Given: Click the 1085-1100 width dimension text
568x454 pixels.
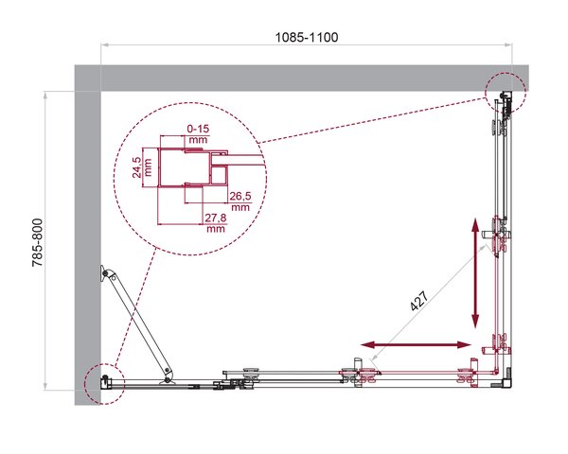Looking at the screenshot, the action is tap(307, 37).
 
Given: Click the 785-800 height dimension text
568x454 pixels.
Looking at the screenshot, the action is tap(38, 243).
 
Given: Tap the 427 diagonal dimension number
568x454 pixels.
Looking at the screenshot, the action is tap(419, 301).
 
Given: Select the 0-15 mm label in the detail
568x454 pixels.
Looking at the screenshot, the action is tap(198, 133).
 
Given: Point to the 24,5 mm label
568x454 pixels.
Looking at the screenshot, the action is tap(142, 166).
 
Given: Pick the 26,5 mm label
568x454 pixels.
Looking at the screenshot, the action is tap(240, 201).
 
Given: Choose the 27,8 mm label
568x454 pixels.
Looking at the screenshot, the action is tap(216, 222).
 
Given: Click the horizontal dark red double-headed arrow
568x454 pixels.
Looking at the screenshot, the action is tap(416, 344).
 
